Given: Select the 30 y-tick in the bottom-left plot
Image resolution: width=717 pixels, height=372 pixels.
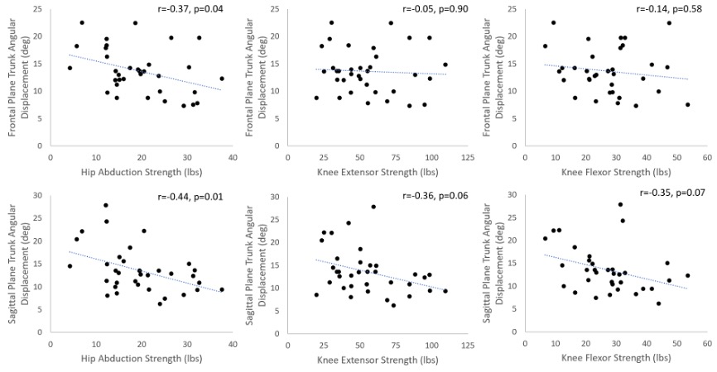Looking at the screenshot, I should click(39, 196).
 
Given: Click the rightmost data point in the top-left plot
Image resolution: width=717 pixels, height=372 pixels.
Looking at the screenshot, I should click(222, 79).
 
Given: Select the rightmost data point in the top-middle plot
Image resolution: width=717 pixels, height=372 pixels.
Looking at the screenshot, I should click(445, 64).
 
